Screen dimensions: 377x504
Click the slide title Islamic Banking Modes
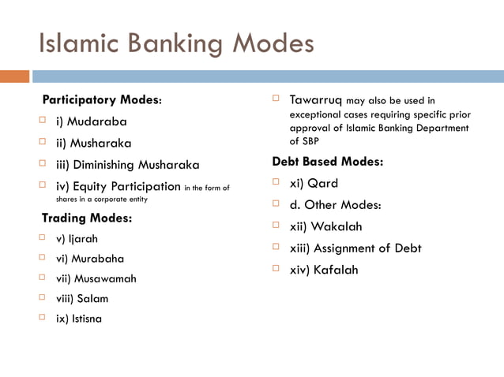[x=175, y=43]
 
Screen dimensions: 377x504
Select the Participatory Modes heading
[x=102, y=101]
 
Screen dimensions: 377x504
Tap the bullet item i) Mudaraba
[x=91, y=122]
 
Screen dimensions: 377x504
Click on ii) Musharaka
[x=93, y=144]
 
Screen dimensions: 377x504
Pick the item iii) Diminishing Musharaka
[x=127, y=166]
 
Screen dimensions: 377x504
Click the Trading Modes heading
[x=86, y=218]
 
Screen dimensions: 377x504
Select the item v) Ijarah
[x=77, y=238]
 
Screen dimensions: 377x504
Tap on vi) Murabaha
[x=89, y=259]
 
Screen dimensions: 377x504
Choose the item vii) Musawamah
[x=96, y=278]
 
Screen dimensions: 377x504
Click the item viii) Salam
[x=82, y=299]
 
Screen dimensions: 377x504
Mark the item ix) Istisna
[x=78, y=319]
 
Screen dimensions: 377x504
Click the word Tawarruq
[x=315, y=101]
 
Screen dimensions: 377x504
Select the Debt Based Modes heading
[x=327, y=162]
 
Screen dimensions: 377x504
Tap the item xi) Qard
[x=314, y=184]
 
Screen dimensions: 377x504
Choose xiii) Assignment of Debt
[x=355, y=248]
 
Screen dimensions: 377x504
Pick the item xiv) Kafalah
[x=324, y=270]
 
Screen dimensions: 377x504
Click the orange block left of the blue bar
[x=14, y=77]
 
